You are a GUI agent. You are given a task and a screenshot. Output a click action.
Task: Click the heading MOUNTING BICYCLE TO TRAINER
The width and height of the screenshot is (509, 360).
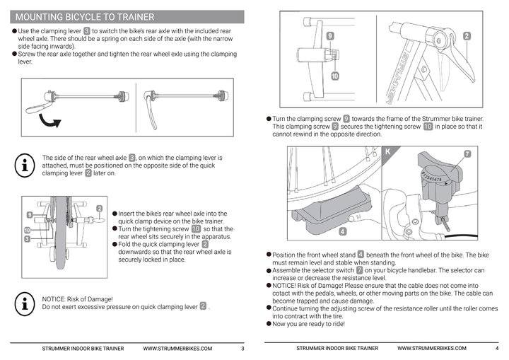click(85, 17)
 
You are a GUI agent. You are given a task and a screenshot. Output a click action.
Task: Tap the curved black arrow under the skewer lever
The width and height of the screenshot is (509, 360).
click(49, 121)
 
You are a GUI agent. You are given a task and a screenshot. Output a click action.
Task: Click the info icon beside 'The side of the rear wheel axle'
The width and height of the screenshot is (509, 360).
click(25, 166)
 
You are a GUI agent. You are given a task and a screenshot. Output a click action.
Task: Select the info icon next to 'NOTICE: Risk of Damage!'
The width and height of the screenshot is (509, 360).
click(25, 304)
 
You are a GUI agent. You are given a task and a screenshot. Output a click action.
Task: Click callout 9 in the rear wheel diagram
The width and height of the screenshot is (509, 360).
click(30, 215)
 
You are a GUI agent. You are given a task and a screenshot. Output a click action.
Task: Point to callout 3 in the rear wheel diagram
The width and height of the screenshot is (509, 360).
click(28, 239)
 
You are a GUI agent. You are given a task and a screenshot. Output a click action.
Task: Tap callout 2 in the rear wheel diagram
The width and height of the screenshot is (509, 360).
click(100, 209)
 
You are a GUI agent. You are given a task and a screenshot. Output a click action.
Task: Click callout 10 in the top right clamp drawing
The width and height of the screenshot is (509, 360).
click(334, 76)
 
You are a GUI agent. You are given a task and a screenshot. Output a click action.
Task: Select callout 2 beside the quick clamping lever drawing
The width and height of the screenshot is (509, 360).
click(467, 36)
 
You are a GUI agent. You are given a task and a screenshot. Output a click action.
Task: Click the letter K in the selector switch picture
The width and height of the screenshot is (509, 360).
click(387, 152)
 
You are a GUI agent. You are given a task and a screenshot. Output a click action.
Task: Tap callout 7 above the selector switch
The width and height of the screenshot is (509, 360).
click(467, 154)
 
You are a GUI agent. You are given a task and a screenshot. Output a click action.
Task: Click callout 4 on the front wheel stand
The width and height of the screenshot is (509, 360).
click(342, 231)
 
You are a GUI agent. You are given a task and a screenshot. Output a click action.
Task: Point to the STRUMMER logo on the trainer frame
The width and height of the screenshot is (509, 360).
click(397, 78)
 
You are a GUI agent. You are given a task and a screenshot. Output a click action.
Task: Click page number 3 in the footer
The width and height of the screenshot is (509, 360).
click(242, 349)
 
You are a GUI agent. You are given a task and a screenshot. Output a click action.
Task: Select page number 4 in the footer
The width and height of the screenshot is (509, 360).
click(497, 349)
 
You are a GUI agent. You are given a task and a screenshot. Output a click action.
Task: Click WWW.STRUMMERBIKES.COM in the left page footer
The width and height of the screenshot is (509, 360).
click(177, 349)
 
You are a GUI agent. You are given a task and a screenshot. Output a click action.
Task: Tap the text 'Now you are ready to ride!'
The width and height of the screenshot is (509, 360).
click(308, 324)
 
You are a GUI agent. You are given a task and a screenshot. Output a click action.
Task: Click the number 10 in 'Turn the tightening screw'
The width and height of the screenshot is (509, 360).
click(196, 228)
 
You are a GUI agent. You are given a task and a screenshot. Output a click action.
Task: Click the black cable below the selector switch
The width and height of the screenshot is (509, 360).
click(461, 236)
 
